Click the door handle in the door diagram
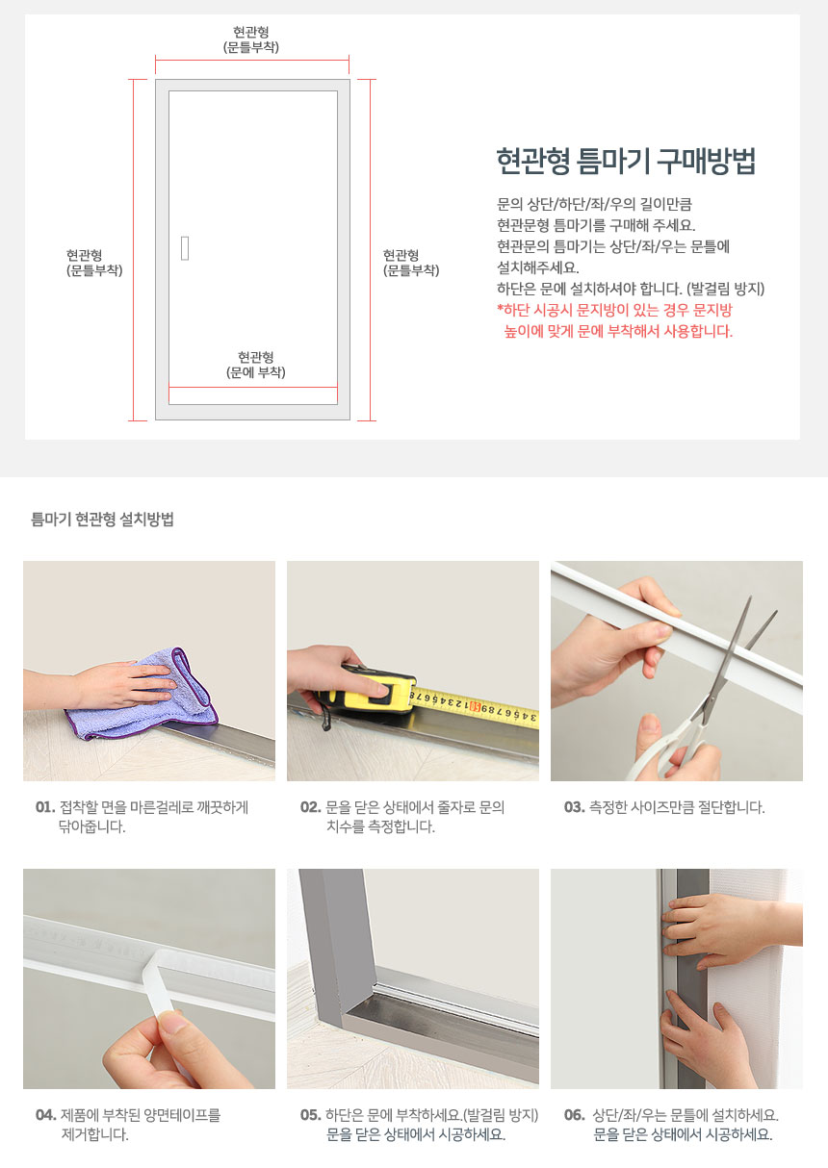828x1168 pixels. pyautogui.click(x=185, y=248)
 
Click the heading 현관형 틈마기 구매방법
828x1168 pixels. pyautogui.click(x=626, y=161)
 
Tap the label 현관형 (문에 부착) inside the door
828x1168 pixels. pyautogui.click(x=256, y=365)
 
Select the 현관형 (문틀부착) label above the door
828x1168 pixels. pyautogui.click(x=251, y=39)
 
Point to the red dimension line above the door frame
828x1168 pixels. pyautogui.click(x=252, y=60)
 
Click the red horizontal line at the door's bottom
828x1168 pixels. pyautogui.click(x=253, y=388)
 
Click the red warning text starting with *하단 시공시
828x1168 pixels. pyautogui.click(x=614, y=320)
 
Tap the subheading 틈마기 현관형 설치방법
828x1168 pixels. pyautogui.click(x=102, y=519)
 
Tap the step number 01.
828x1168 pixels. pyautogui.click(x=45, y=807)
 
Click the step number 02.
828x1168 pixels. pyautogui.click(x=310, y=807)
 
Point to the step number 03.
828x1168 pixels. pyautogui.click(x=575, y=807)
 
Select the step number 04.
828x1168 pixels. pyautogui.click(x=46, y=1115)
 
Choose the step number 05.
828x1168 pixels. pyautogui.click(x=310, y=1115)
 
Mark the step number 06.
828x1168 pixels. pyautogui.click(x=575, y=1115)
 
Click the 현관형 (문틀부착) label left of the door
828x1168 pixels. pyautogui.click(x=94, y=263)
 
